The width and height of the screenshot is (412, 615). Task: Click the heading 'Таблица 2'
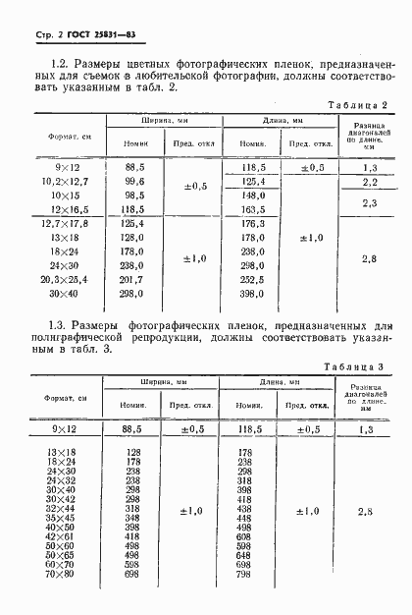tap(363, 104)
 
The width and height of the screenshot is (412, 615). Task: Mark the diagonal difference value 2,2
tap(370, 182)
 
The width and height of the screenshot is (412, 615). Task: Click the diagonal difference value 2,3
tap(370, 202)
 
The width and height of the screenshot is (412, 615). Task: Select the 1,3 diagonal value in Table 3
tap(366, 429)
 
